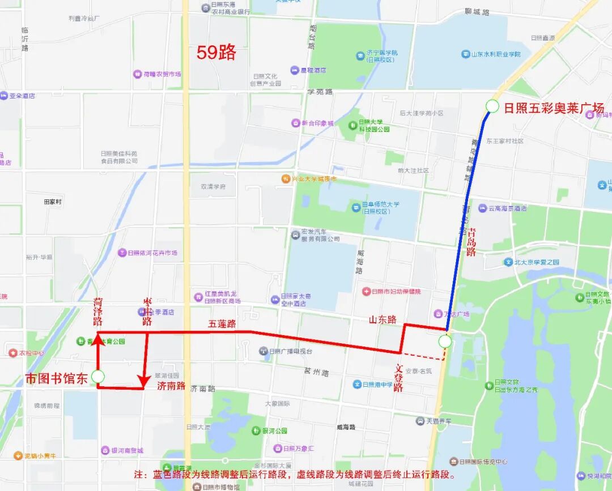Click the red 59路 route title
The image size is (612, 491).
[x=216, y=53]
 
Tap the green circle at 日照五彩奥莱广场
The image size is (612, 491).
[x=492, y=106]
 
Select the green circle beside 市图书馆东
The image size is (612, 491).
[x=98, y=377]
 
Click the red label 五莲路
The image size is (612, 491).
[x=222, y=324]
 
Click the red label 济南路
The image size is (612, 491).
[x=171, y=386]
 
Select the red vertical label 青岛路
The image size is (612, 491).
[x=470, y=242]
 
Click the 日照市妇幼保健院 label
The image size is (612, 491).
[x=396, y=292]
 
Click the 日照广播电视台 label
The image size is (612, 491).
[x=290, y=351]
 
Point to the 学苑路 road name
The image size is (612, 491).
[x=320, y=92]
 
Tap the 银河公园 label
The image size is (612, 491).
[x=274, y=430]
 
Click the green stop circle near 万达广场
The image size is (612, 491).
[x=445, y=341]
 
